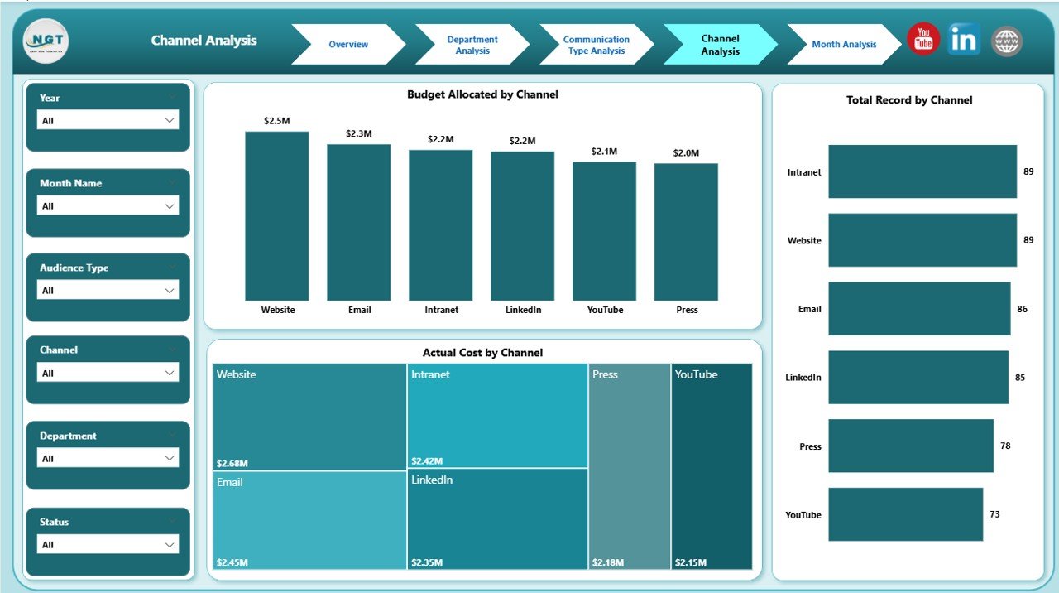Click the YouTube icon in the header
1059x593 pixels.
pos(923,40)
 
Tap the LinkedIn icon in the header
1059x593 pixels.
pos(964,40)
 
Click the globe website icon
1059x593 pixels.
pos(1007,41)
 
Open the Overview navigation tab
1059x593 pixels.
pos(348,45)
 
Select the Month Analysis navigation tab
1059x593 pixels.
pos(843,45)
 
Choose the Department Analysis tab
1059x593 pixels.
pos(472,45)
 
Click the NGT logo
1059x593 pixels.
pos(46,41)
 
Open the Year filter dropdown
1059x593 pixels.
pos(108,120)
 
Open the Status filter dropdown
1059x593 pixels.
pos(108,544)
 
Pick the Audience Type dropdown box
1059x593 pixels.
pos(108,290)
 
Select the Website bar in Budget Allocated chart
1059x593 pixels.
pos(277,215)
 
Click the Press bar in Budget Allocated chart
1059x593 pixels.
pos(686,232)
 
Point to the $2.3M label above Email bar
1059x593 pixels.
pos(359,133)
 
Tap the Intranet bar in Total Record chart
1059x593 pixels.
pos(922,171)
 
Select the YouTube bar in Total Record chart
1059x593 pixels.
pos(905,514)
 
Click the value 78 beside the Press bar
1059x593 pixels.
pos(1005,446)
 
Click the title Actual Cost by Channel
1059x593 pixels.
pos(482,353)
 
